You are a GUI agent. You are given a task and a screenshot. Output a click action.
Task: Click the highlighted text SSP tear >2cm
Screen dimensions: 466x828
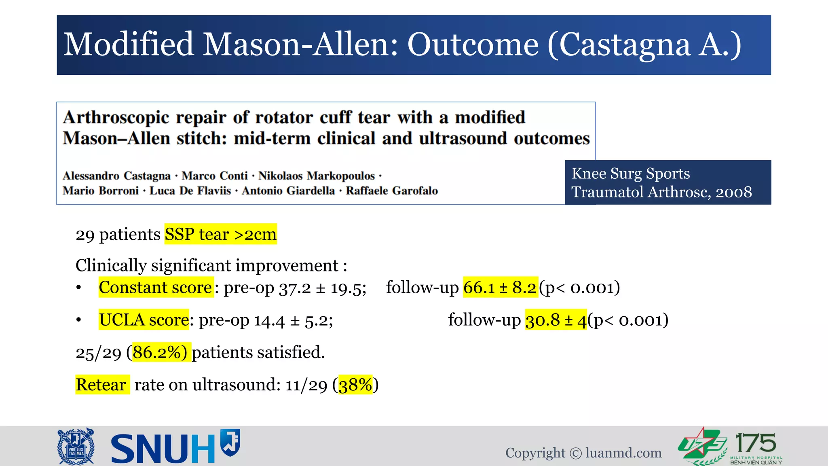pyautogui.click(x=220, y=235)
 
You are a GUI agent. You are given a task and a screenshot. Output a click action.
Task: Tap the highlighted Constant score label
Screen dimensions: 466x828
pyautogui.click(x=156, y=288)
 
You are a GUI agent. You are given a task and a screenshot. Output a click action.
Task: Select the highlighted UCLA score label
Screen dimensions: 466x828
pyautogui.click(x=144, y=320)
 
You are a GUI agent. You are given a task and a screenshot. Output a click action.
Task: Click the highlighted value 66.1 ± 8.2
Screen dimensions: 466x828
pyautogui.click(x=500, y=288)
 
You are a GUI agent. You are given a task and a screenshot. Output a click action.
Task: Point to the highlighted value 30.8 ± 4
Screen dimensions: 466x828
pyautogui.click(x=556, y=320)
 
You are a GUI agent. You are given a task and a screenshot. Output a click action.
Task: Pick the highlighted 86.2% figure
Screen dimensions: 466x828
pyautogui.click(x=160, y=352)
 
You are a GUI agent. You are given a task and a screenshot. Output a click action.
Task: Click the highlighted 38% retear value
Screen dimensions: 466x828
pyautogui.click(x=355, y=385)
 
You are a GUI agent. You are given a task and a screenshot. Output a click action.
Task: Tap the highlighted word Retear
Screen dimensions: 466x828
pyautogui.click(x=101, y=385)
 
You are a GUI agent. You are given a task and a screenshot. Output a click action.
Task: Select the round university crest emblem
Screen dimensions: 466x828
pyautogui.click(x=76, y=447)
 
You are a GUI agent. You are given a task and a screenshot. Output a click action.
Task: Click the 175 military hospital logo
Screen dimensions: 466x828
pyautogui.click(x=731, y=447)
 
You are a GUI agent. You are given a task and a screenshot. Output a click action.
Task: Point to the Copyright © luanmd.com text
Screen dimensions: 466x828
pyautogui.click(x=583, y=453)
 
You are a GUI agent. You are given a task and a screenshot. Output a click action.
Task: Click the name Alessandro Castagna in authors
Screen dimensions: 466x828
pyautogui.click(x=116, y=176)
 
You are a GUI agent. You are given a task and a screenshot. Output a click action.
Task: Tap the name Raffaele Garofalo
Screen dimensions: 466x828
pyautogui.click(x=391, y=191)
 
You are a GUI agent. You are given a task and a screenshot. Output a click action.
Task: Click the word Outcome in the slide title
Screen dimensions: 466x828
pyautogui.click(x=473, y=44)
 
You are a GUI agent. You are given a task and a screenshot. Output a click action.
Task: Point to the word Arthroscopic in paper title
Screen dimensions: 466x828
pyautogui.click(x=116, y=118)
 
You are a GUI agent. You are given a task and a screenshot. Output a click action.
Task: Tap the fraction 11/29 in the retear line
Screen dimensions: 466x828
pyautogui.click(x=306, y=385)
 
